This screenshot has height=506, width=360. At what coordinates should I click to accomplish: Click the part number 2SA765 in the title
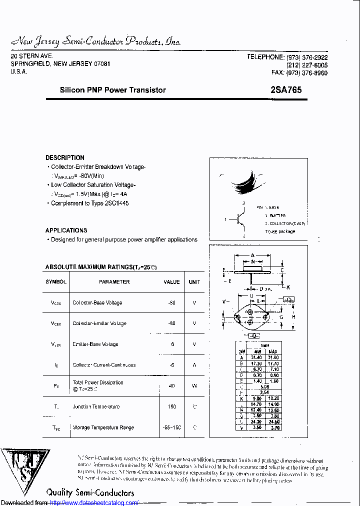click(285, 90)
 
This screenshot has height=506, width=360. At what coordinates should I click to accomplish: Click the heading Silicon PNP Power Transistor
click(112, 90)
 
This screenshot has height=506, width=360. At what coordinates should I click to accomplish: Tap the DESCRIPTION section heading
click(65, 157)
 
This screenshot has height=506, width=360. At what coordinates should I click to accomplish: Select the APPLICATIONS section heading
click(66, 230)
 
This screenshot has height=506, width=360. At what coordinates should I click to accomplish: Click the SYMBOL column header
click(56, 282)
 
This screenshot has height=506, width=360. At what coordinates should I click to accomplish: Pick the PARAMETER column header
click(114, 282)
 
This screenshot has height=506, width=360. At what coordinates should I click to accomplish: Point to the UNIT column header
click(194, 282)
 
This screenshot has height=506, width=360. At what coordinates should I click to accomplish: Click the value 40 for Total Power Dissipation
click(172, 385)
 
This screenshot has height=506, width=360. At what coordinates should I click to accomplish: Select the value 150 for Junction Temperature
click(172, 407)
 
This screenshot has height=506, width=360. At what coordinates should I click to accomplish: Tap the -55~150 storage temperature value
click(172, 427)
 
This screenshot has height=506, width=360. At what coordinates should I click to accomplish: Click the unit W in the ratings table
click(194, 385)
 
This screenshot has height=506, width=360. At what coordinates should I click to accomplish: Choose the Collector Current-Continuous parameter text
click(104, 365)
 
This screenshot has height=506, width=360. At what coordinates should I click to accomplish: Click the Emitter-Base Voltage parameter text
click(95, 344)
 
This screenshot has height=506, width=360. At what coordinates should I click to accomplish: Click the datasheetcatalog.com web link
click(94, 502)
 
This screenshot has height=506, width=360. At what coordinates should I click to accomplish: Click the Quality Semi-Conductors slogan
click(90, 492)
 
